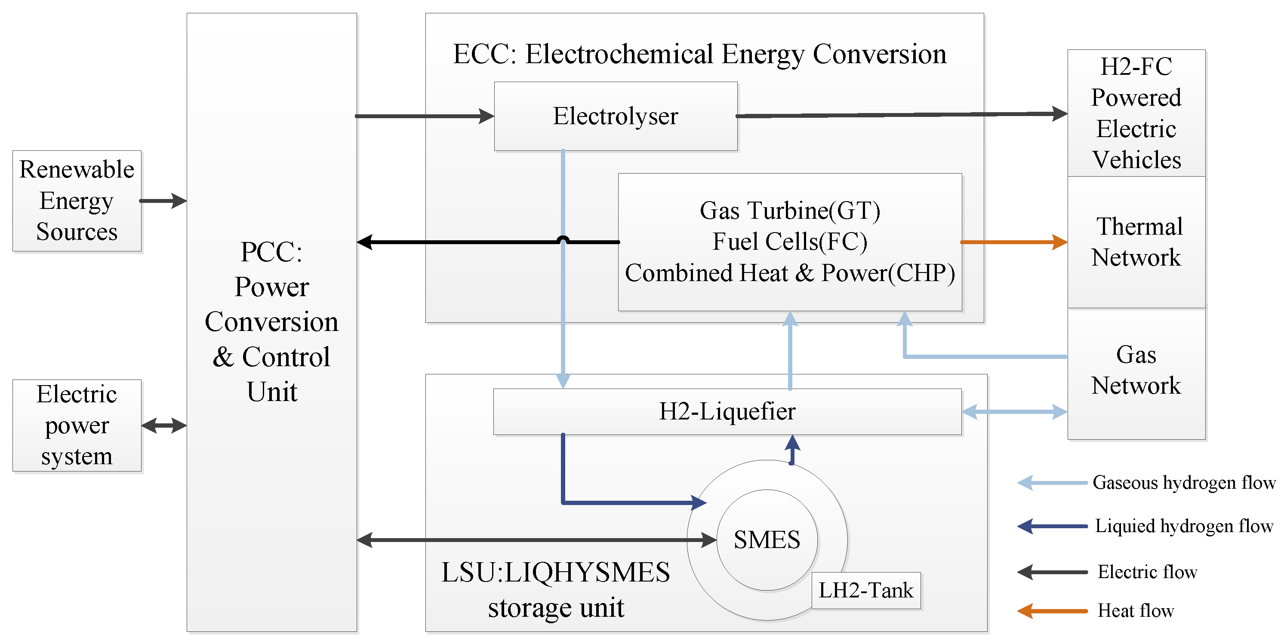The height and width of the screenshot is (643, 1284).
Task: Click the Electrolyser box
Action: coord(615,116)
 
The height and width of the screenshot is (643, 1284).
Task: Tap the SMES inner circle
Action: coord(767,540)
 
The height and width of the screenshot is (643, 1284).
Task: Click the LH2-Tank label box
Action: coord(866,591)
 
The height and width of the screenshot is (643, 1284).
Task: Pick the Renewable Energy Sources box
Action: coord(77,201)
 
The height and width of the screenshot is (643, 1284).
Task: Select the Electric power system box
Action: coord(77,426)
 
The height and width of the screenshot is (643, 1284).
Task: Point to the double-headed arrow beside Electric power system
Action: coord(164,426)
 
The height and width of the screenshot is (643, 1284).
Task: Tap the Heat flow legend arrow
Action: coord(1052,611)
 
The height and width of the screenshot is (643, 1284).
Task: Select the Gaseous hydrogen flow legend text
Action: coord(1183,483)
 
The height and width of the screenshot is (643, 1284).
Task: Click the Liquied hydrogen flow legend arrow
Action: coord(1052,526)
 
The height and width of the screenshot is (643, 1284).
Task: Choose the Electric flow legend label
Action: coord(1147,572)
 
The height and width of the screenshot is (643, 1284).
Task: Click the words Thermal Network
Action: coord(1136,242)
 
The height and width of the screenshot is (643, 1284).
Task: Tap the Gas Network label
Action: coord(1136,370)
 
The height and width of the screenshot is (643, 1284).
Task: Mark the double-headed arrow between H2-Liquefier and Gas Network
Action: coord(1014,412)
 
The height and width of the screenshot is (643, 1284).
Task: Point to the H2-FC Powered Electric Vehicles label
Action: coord(1136,113)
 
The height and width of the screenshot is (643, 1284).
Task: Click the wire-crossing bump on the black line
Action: coord(563,239)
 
